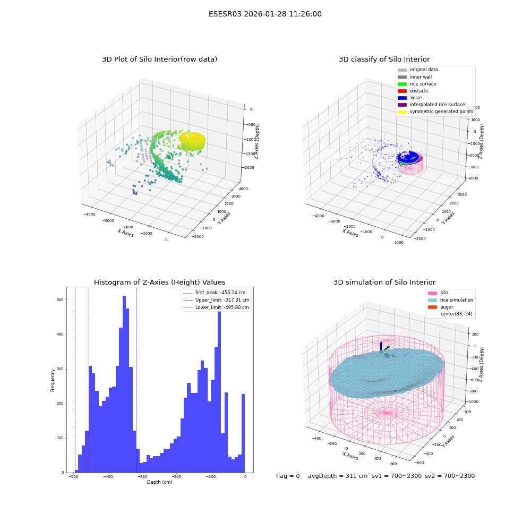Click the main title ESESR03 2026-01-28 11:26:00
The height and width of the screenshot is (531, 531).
click(x=265, y=14)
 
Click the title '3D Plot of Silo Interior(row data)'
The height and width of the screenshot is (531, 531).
click(x=159, y=59)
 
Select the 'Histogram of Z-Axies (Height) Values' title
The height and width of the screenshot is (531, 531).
click(x=159, y=282)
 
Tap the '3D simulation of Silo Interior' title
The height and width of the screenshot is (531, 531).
click(x=384, y=282)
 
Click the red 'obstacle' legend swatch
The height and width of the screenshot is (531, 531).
click(x=402, y=91)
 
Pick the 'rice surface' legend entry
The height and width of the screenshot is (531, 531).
click(x=417, y=84)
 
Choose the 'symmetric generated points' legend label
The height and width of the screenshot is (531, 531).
click(x=442, y=112)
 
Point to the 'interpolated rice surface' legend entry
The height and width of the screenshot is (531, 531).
click(x=431, y=105)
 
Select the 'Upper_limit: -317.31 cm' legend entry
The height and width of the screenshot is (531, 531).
click(x=216, y=300)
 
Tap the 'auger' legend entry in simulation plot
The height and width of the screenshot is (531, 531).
click(x=441, y=307)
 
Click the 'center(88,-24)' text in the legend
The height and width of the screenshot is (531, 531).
click(x=456, y=314)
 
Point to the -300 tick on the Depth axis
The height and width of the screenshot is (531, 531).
click(x=142, y=476)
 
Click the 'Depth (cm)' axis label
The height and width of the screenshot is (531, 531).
click(x=159, y=482)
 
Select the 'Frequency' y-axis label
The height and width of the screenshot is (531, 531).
click(x=53, y=380)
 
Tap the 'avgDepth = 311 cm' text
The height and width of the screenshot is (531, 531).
click(x=338, y=476)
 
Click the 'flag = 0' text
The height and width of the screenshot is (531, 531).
click(x=288, y=476)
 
